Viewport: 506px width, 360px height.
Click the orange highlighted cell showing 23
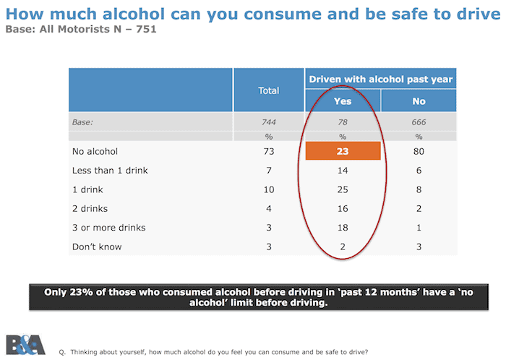click(x=342, y=152)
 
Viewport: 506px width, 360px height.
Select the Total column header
click(x=268, y=91)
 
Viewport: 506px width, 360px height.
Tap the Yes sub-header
click(x=342, y=101)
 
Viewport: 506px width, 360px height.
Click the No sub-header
click(x=419, y=101)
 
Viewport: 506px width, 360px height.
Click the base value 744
click(x=268, y=122)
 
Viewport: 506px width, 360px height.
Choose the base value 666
click(x=419, y=122)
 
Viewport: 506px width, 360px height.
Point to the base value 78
click(x=342, y=122)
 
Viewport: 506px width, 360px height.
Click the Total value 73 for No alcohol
click(x=268, y=152)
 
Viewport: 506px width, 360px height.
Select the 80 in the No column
click(x=419, y=152)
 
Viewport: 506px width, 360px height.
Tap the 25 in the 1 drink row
click(x=342, y=189)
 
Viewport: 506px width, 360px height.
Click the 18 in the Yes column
click(x=342, y=228)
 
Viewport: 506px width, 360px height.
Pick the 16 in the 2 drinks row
click(x=342, y=209)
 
